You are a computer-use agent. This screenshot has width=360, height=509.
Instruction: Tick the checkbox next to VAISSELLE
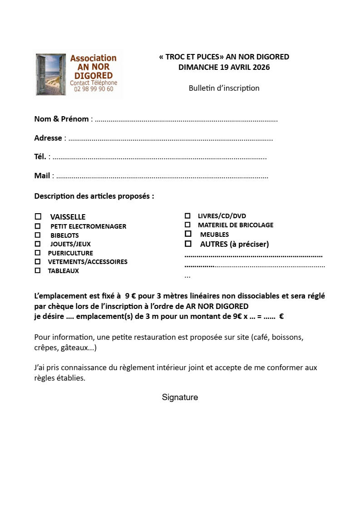(x=38, y=216)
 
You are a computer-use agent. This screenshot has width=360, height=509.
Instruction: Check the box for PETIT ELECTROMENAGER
(x=38, y=226)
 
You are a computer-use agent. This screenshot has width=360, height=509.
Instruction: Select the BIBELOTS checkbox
(x=38, y=235)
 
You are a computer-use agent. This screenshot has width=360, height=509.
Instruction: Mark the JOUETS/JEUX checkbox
(x=38, y=244)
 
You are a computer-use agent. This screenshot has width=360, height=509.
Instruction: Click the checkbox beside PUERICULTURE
(x=38, y=253)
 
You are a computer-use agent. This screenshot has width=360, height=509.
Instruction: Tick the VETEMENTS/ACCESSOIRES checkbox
(x=38, y=261)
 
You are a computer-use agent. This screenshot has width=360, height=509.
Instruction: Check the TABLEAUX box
(x=38, y=270)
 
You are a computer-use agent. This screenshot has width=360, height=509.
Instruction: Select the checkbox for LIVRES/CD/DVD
(x=187, y=216)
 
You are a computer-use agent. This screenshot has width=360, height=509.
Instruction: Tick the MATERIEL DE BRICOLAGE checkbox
(x=187, y=225)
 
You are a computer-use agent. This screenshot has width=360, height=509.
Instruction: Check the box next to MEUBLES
(x=188, y=234)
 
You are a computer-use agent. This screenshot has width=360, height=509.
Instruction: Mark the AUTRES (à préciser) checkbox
(x=188, y=244)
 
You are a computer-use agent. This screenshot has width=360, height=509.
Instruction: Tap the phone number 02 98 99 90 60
(x=94, y=89)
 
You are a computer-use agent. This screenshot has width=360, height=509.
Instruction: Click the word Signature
(x=180, y=397)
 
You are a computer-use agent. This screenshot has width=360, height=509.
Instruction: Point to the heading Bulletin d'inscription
(x=224, y=88)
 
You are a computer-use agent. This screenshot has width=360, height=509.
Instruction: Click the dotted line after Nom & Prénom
(x=186, y=120)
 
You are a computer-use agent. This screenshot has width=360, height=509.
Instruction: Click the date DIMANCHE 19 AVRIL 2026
(x=224, y=68)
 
